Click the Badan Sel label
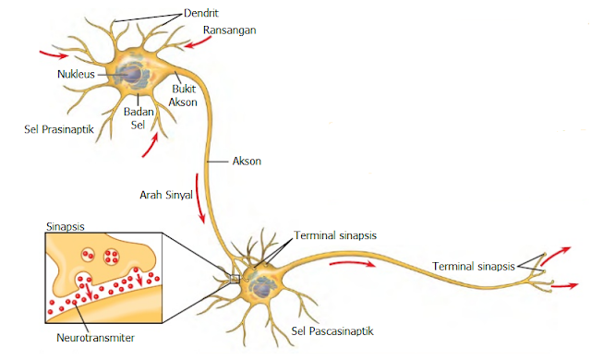[x=137, y=119]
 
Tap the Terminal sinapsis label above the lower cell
[x=334, y=235]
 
